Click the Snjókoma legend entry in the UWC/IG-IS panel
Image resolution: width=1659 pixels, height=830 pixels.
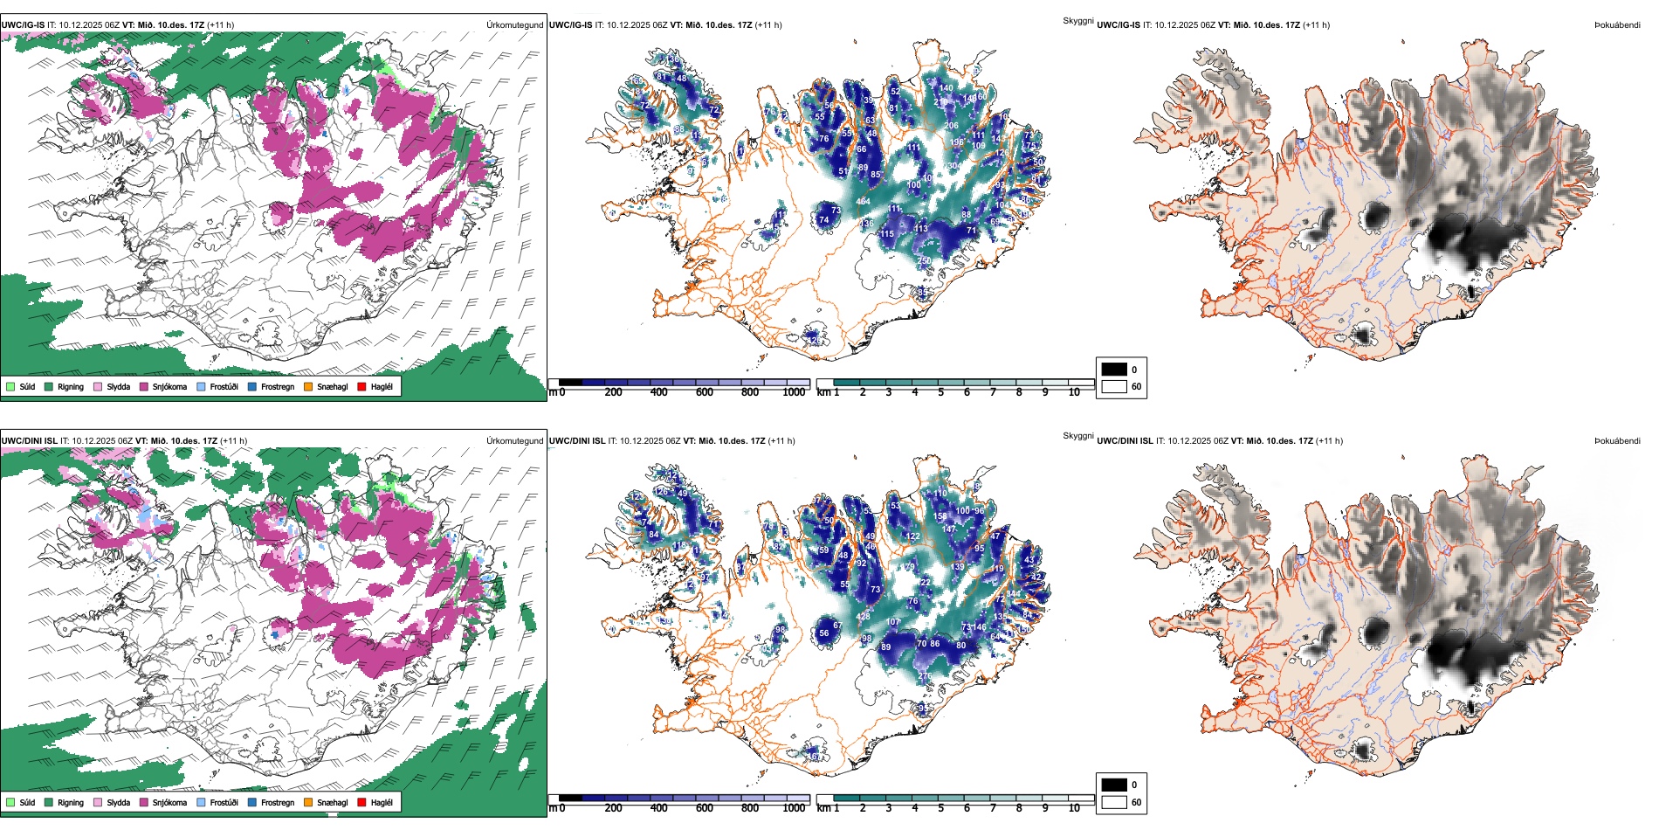tap(169, 386)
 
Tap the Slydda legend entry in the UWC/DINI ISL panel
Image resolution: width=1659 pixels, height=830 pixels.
tap(118, 802)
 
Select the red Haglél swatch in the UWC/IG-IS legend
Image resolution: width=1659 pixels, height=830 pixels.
tap(361, 386)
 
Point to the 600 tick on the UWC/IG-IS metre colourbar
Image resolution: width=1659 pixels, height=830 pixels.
tap(705, 392)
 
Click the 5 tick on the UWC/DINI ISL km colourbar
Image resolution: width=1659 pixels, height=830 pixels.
tap(941, 808)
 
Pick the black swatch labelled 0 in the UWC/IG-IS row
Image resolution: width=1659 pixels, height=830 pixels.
tap(1114, 370)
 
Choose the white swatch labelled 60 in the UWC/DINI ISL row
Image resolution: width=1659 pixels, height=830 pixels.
tap(1114, 802)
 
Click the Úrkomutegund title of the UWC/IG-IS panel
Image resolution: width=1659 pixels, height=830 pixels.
tap(514, 25)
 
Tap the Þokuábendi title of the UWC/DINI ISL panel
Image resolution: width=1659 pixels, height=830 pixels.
tap(1617, 441)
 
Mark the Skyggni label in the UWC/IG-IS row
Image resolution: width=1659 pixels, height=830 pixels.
tap(1077, 20)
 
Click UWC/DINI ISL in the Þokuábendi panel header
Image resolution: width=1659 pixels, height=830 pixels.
tap(1125, 441)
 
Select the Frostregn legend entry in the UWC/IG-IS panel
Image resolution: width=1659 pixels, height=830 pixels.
tap(277, 386)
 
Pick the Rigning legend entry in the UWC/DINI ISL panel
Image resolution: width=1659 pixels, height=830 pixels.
tap(70, 802)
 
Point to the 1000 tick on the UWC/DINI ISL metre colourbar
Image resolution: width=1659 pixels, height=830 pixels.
tap(794, 808)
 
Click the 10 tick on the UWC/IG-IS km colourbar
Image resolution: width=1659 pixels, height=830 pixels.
tap(1074, 392)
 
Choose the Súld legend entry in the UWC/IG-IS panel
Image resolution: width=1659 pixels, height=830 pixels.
tap(27, 386)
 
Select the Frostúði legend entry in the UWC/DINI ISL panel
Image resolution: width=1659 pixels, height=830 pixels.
tap(224, 802)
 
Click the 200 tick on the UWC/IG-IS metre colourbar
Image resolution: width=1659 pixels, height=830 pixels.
tap(613, 392)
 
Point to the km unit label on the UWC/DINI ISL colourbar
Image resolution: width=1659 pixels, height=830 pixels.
tap(823, 808)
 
